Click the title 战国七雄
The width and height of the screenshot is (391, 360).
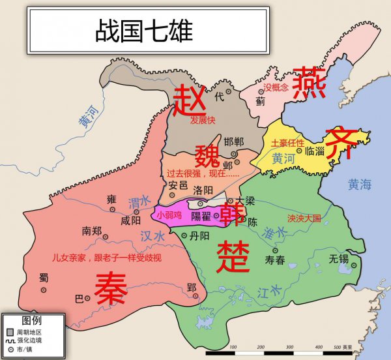pyautogui.click(x=145, y=29)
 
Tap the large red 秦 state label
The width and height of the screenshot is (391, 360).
pyautogui.click(x=110, y=288)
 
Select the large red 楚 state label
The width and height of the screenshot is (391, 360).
pyautogui.click(x=233, y=256)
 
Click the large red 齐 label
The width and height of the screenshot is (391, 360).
pyautogui.click(x=341, y=142)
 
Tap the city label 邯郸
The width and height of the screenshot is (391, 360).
pyautogui.click(x=233, y=142)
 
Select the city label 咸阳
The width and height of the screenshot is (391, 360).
pyautogui.click(x=131, y=220)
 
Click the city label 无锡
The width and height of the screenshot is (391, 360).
pyautogui.click(x=339, y=259)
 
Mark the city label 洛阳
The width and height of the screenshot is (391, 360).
pyautogui.click(x=203, y=190)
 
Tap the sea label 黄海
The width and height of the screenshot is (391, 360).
pyautogui.click(x=359, y=185)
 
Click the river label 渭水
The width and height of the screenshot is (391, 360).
pyautogui.click(x=139, y=203)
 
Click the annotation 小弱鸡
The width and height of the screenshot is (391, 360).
pyautogui.click(x=169, y=215)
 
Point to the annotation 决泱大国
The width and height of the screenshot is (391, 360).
pyautogui.click(x=304, y=218)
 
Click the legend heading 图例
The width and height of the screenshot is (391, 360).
pyautogui.click(x=32, y=321)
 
